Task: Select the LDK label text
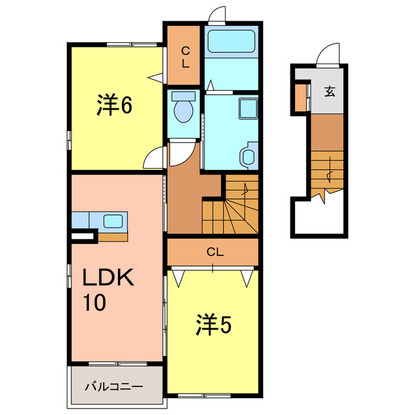(108, 278)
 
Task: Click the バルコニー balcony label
(114, 387)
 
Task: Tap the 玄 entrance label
(329, 91)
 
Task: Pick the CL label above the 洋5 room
(215, 252)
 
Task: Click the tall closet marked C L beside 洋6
(184, 57)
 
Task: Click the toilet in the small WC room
(184, 108)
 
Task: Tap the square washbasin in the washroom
(247, 108)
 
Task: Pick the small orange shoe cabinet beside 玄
(300, 98)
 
